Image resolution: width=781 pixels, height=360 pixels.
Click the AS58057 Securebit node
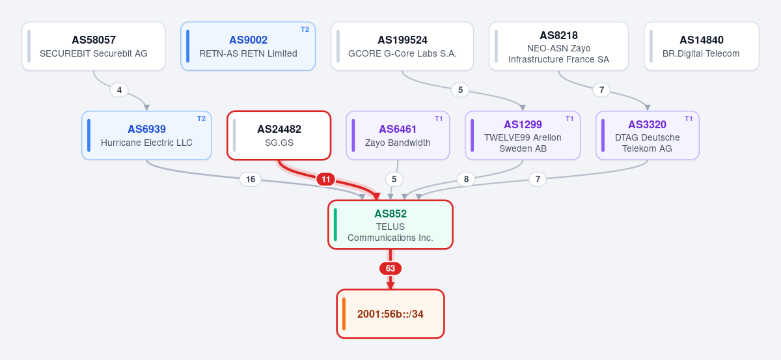(94, 46)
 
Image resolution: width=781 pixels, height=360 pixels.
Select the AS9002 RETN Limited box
(248, 46)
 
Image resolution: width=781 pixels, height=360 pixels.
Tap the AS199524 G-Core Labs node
(402, 46)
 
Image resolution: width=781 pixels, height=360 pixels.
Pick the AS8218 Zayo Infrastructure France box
(558, 46)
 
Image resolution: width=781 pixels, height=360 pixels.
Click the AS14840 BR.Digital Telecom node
(701, 46)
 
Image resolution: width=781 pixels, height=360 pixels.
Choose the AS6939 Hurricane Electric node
(147, 135)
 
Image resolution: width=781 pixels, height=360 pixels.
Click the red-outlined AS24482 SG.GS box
(279, 135)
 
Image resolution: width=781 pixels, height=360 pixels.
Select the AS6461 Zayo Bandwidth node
(398, 135)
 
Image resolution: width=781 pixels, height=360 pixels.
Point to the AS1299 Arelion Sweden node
(523, 135)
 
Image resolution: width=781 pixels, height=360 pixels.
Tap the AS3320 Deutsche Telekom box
(648, 135)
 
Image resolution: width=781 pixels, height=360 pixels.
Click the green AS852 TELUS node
(390, 225)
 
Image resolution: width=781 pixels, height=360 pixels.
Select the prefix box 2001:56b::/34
(390, 314)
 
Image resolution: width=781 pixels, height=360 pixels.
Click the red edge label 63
(390, 268)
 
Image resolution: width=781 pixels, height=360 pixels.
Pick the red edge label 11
(325, 179)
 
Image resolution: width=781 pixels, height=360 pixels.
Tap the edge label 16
(251, 179)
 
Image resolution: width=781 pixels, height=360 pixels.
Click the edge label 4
(119, 90)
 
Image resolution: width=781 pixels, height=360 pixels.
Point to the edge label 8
(466, 179)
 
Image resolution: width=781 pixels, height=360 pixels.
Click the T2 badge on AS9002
(305, 30)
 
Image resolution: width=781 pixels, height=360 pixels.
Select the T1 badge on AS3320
(689, 118)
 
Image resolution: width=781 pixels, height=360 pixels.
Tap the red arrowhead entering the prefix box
(390, 285)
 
